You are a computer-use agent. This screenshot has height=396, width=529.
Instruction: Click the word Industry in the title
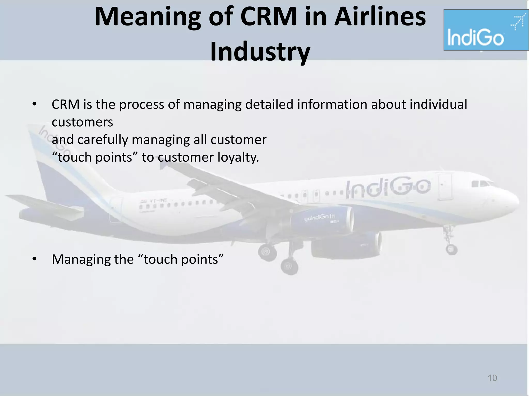click(260, 52)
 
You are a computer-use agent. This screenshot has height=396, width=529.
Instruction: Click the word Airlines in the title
click(380, 17)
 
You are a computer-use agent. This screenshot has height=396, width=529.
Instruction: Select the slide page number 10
click(492, 378)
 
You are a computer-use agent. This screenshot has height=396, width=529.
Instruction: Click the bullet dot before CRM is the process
click(35, 104)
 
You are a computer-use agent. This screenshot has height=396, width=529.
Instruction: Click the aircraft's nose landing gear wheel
click(452, 249)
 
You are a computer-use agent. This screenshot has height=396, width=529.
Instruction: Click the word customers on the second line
click(82, 122)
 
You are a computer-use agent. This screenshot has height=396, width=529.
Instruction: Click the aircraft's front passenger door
click(445, 187)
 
